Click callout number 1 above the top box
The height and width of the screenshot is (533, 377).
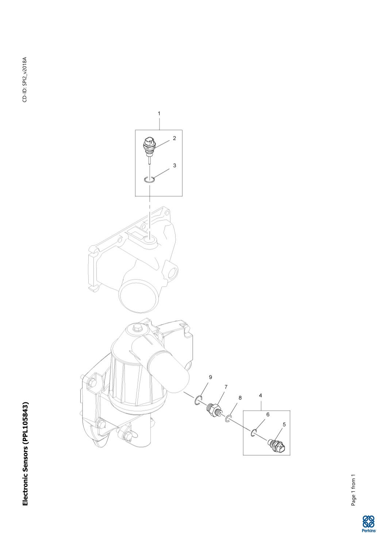click(x=159, y=113)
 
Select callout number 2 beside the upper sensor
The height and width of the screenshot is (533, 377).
click(x=174, y=138)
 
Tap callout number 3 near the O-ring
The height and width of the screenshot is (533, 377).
click(x=174, y=165)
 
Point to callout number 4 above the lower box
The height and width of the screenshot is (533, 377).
click(x=260, y=395)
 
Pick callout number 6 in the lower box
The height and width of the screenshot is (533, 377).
click(x=268, y=414)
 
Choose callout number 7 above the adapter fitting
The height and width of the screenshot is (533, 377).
click(x=226, y=387)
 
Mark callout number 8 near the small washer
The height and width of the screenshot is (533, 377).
click(x=240, y=398)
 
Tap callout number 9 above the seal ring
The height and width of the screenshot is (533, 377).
click(x=210, y=377)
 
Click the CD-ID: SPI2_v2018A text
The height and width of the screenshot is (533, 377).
click(x=25, y=80)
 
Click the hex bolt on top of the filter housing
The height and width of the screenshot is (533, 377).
click(x=138, y=328)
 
